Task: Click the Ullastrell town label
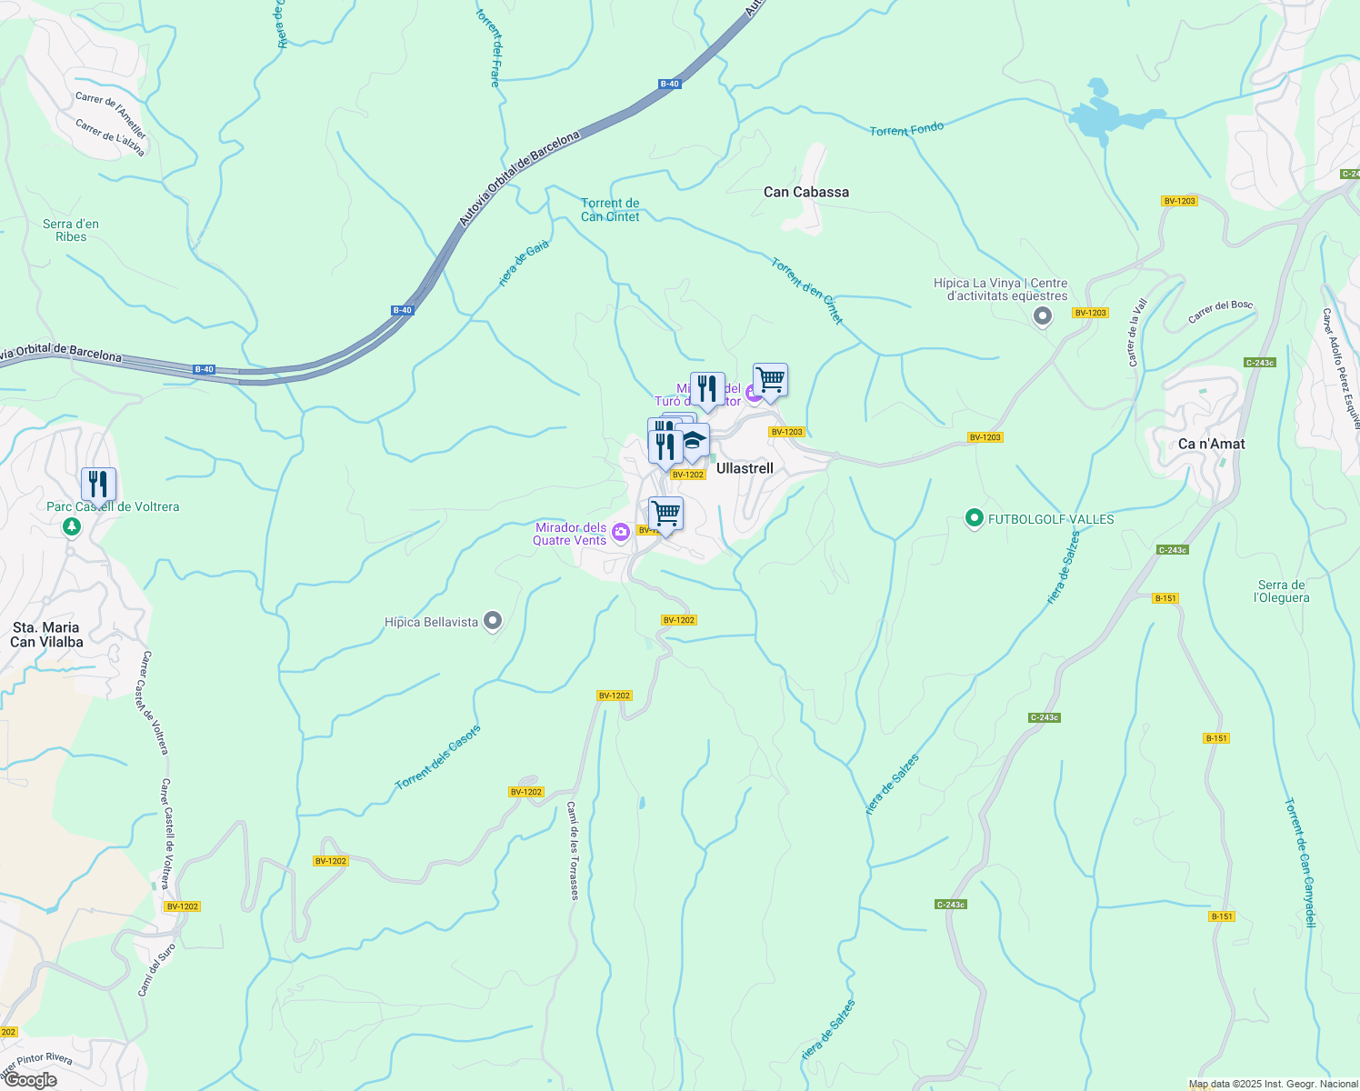[x=745, y=468]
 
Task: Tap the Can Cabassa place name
[x=805, y=192]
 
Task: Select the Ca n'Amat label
[x=1211, y=444]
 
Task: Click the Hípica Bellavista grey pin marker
[x=493, y=622]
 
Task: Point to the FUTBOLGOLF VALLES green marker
[x=975, y=519]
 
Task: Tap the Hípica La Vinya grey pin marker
[x=1043, y=316]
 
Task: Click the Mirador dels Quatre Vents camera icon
[x=621, y=533]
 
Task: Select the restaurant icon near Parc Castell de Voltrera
[x=98, y=485]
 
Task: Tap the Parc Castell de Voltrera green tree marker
[x=71, y=526]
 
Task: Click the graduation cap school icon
[x=694, y=441]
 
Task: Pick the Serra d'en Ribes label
[x=71, y=230]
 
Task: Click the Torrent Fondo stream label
[x=906, y=130]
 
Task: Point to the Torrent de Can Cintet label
[x=610, y=210]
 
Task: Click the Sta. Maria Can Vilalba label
[x=46, y=635]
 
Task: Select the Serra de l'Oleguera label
[x=1281, y=591]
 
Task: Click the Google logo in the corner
[x=31, y=1079]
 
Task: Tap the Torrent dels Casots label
[x=437, y=758]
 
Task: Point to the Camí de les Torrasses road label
[x=573, y=850]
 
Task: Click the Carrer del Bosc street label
[x=1220, y=312]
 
